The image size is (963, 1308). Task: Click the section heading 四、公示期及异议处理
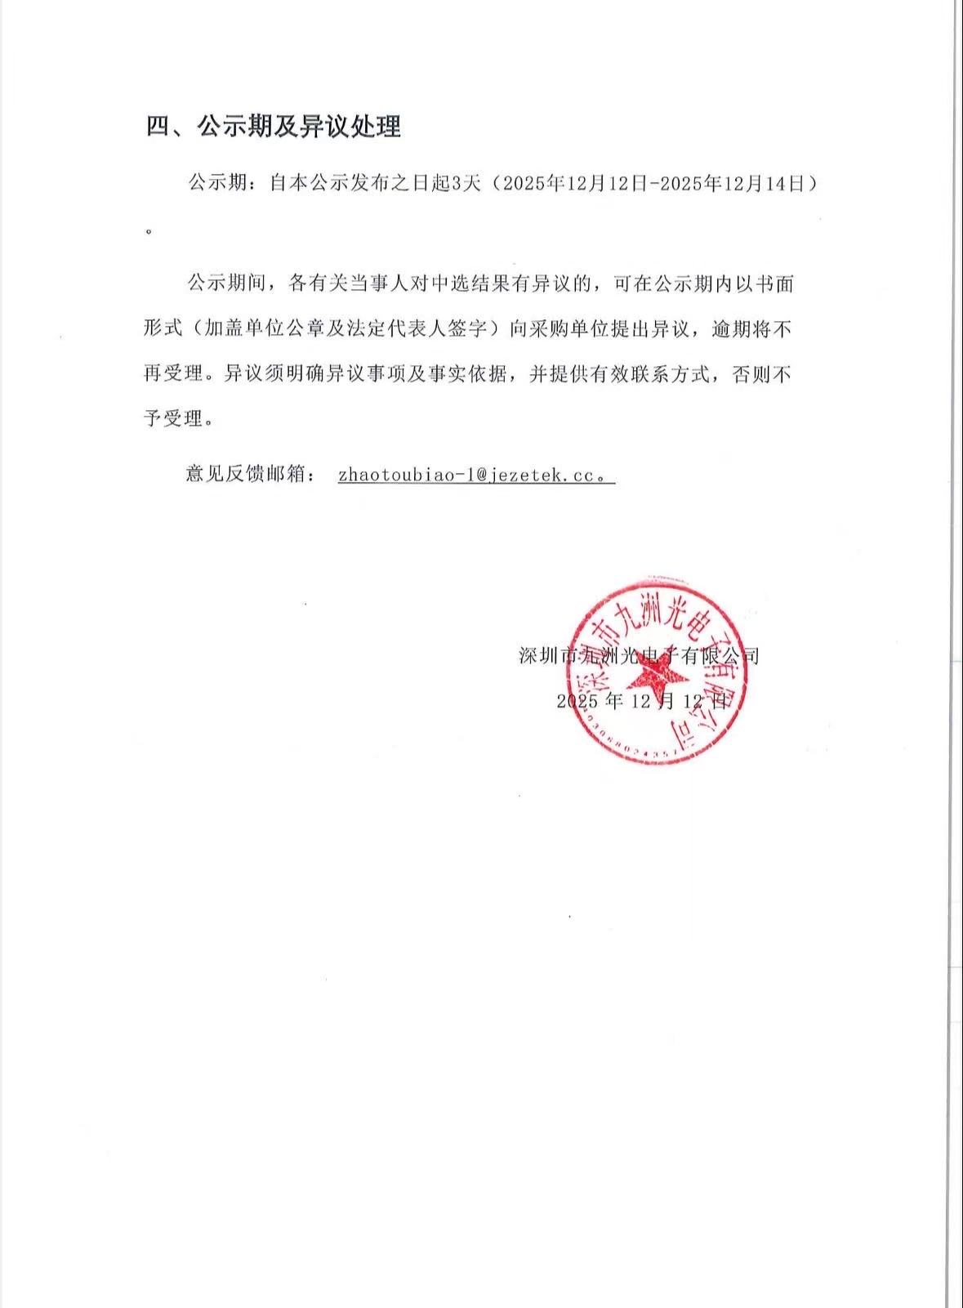tap(274, 127)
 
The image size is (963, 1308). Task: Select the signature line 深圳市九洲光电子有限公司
tap(640, 655)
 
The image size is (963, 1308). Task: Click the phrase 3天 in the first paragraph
tap(466, 184)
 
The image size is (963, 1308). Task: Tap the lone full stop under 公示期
tap(149, 231)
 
